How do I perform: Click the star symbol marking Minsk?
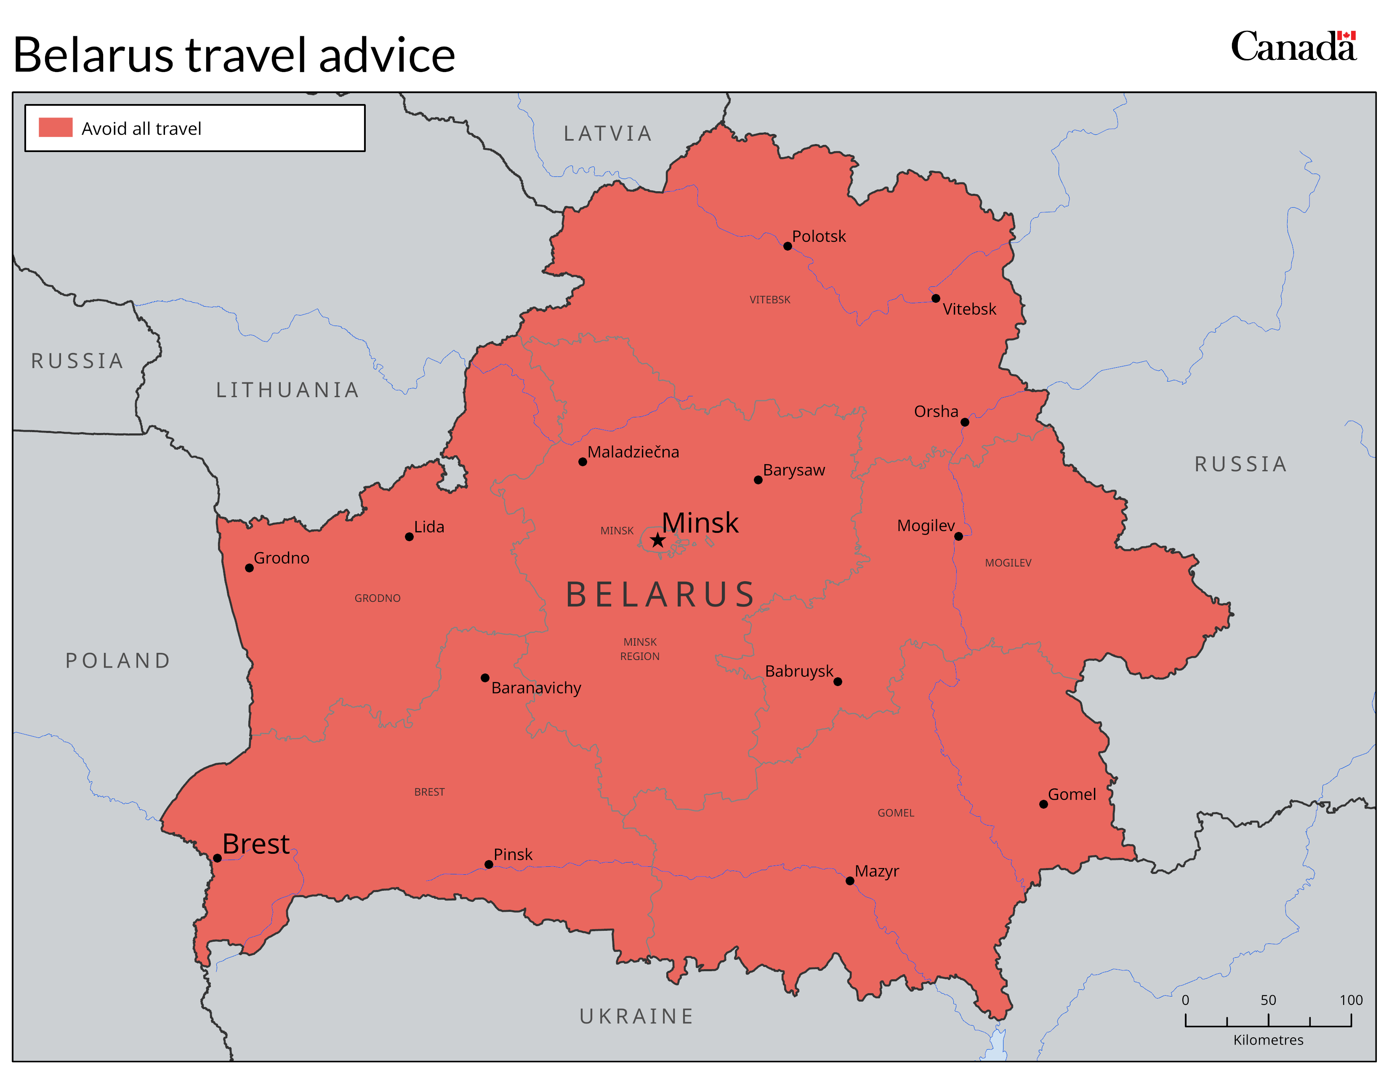point(657,541)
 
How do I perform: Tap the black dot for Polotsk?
point(788,246)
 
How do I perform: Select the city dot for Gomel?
point(1043,804)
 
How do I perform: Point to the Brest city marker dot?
point(217,858)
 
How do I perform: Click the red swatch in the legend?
point(55,127)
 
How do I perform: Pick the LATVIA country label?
point(608,134)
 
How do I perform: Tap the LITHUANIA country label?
point(287,390)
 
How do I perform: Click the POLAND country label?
point(118,660)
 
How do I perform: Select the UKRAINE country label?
point(636,1016)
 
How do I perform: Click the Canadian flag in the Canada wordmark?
point(1346,36)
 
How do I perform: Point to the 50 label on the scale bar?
point(1268,999)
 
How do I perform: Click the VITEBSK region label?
point(769,300)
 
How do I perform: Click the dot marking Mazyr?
point(850,881)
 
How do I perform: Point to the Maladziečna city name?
point(633,452)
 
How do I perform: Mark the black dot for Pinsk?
point(488,864)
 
